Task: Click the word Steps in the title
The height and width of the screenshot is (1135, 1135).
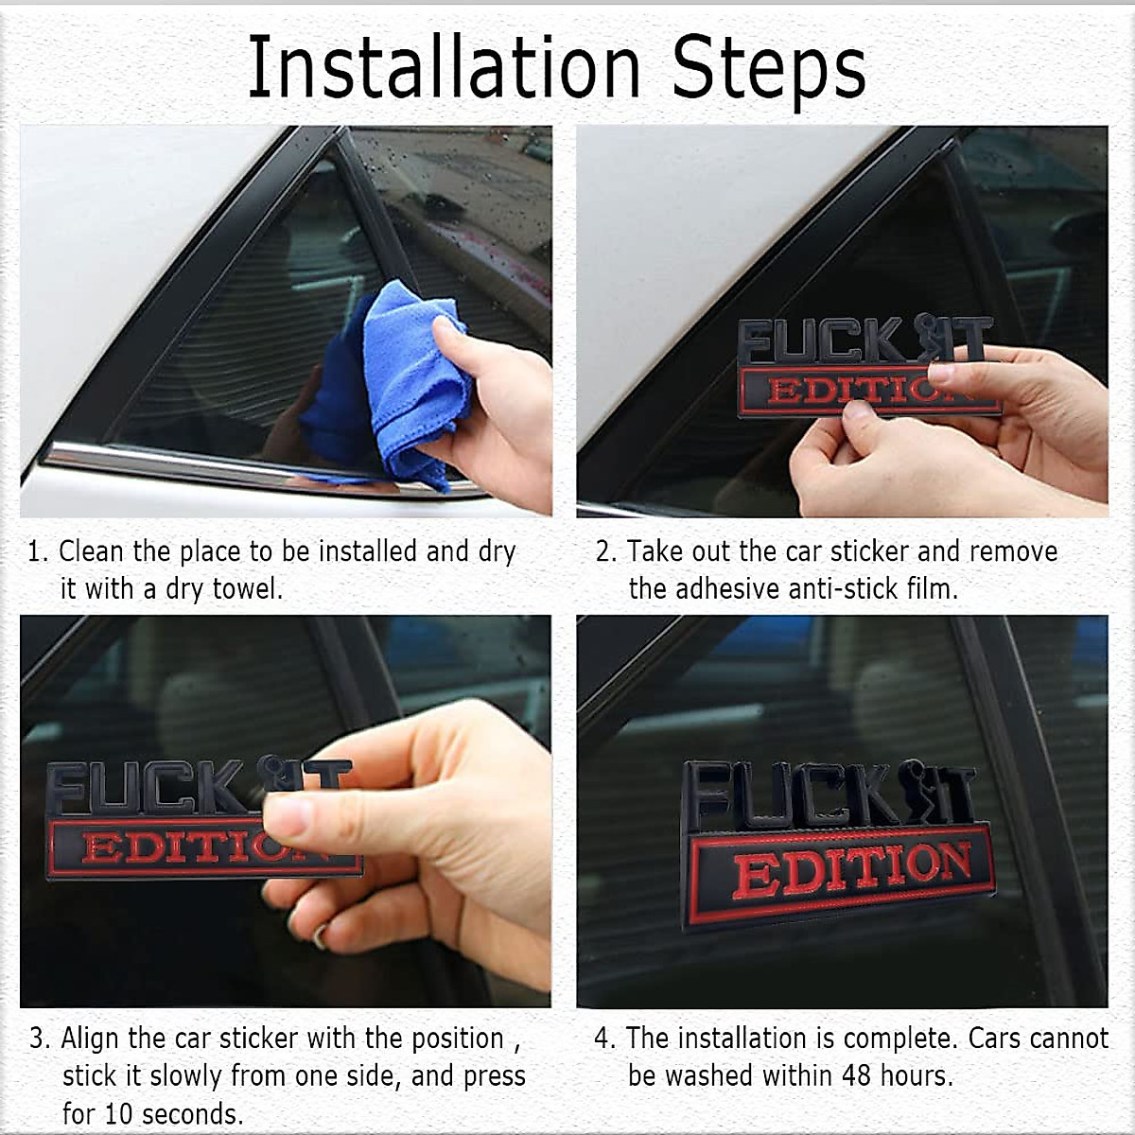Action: [x=768, y=70]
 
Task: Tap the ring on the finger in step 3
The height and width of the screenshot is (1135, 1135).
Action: [x=320, y=935]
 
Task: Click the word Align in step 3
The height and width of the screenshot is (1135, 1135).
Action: [x=91, y=1039]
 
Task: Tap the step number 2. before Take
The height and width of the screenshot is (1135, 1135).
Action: [x=606, y=551]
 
